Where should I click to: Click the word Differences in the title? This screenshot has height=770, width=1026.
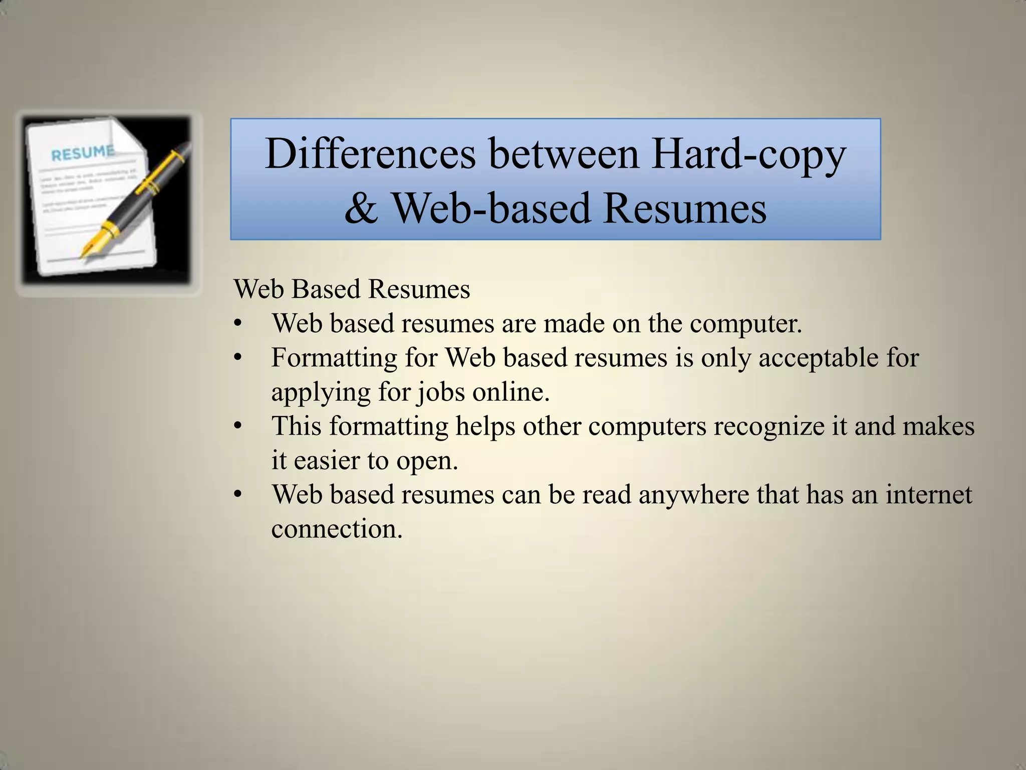[x=370, y=153]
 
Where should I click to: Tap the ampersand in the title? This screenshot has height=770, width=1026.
[x=361, y=208]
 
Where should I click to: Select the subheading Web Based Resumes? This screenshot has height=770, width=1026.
[x=352, y=289]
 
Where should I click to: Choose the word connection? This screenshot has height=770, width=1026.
[x=337, y=528]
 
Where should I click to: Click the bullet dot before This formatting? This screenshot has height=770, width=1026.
[x=237, y=427]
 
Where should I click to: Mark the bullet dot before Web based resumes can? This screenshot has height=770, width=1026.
[x=237, y=495]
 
